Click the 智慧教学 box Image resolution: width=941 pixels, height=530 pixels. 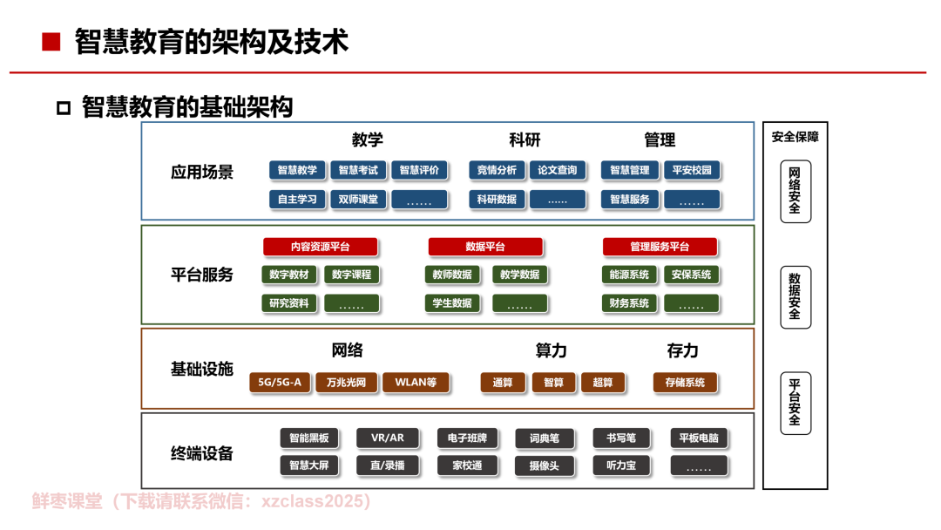tap(297, 171)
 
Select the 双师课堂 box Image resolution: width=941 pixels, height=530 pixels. tap(358, 200)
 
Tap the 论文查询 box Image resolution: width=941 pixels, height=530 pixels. tap(558, 171)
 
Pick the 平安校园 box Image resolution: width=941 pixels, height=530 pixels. tap(691, 171)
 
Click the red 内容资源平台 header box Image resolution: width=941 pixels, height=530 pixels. tap(321, 247)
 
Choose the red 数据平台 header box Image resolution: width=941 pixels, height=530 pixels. tap(485, 247)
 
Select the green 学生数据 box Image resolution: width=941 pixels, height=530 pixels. tap(452, 303)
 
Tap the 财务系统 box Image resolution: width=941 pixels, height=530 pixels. tap(629, 303)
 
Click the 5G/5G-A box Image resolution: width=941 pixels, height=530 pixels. tap(280, 383)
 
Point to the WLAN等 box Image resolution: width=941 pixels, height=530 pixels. tap(416, 383)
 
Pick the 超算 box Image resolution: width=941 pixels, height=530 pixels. tap(603, 383)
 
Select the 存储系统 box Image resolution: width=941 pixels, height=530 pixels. tap(685, 383)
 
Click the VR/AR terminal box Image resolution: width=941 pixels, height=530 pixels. tap(387, 438)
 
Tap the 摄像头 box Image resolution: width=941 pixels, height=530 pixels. tap(545, 465)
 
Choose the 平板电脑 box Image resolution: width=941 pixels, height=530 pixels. tap(699, 438)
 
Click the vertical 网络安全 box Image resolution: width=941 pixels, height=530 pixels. tap(795, 192)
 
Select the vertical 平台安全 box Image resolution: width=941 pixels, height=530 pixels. tap(795, 403)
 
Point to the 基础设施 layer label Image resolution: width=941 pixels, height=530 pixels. tap(201, 369)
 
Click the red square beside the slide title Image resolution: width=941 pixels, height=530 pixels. tap(51, 42)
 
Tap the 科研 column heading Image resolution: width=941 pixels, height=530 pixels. tap(525, 140)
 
